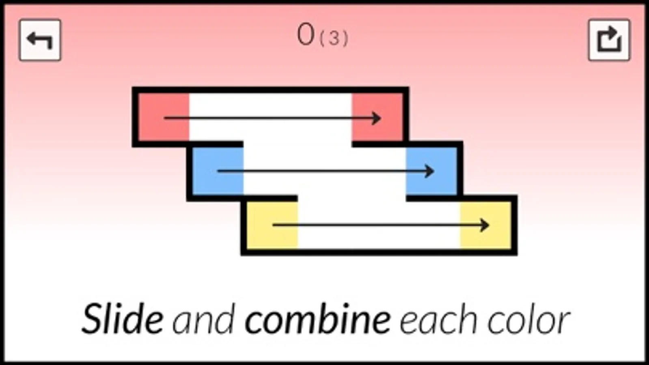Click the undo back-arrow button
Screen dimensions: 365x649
[40, 40]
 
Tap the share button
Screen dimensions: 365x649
[609, 40]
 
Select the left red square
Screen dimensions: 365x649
[164, 117]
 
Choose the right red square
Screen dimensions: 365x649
[377, 117]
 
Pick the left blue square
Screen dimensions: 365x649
[218, 171]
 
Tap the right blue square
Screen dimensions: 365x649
[431, 171]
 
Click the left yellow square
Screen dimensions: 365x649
[272, 225]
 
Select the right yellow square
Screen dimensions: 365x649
[485, 225]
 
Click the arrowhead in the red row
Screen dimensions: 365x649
[377, 118]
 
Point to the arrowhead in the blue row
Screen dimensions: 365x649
[430, 171]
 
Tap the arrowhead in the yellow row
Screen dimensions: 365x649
[485, 225]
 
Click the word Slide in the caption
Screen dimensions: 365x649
[123, 320]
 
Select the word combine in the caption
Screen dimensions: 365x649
[318, 320]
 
